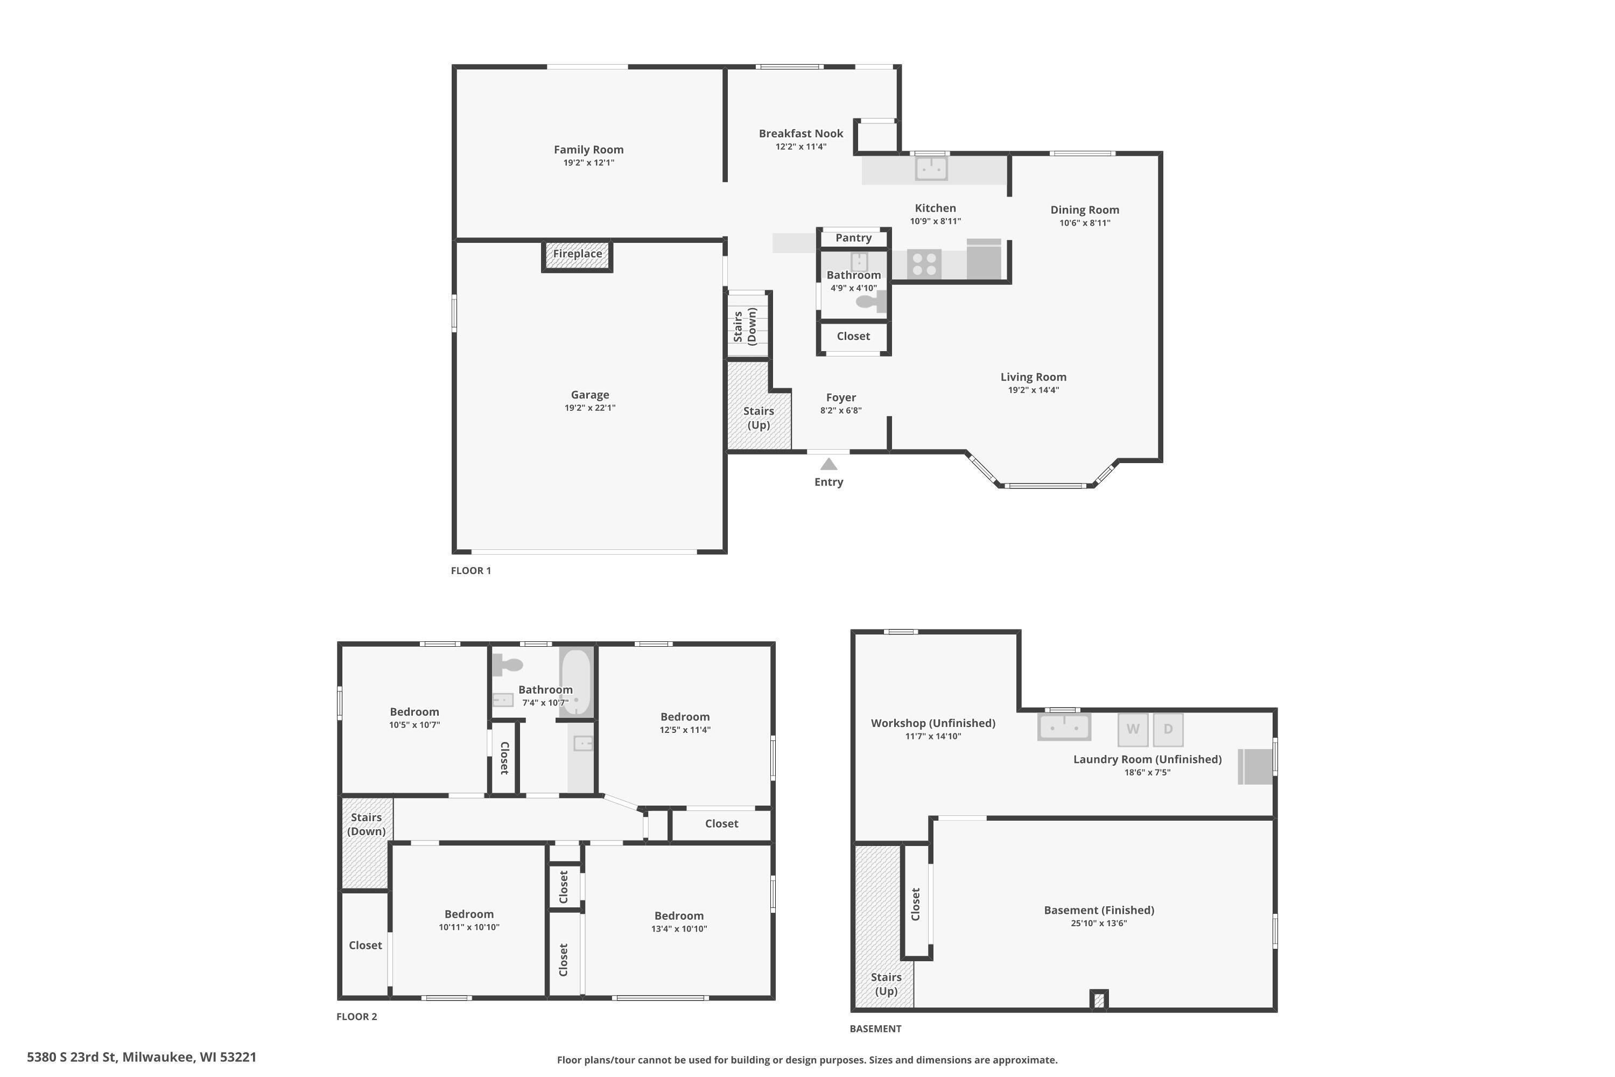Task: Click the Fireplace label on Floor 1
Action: (578, 254)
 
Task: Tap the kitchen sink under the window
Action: (932, 168)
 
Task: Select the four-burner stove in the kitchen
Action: (924, 264)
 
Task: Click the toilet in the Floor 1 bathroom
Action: (870, 302)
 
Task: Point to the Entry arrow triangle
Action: (829, 464)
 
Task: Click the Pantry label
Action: (853, 237)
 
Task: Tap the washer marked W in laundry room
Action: (1133, 730)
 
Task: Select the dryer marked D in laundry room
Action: (1168, 730)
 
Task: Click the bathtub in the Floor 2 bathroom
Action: (575, 682)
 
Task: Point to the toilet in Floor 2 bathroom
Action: (508, 664)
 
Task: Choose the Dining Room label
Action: (1085, 210)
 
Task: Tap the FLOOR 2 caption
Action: (356, 1017)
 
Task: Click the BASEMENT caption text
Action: (875, 1028)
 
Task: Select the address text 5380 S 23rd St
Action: (72, 1057)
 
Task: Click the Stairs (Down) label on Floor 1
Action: (745, 326)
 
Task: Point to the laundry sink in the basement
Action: (1064, 726)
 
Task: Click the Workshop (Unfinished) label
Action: (933, 723)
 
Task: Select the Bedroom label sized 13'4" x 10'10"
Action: (679, 915)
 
